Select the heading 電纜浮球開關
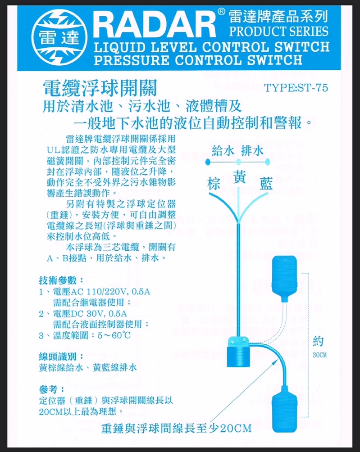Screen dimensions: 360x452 pos(100,88)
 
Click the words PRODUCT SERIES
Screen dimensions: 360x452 pos(278,32)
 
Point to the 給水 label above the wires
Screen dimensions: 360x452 pos(223,151)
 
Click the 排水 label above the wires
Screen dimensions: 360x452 pos(252,151)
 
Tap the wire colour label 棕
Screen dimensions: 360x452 pos(214,184)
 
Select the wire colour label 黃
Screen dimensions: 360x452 pos(239,177)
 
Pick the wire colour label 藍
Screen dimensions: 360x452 pos(266,184)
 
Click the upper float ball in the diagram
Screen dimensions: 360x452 pos(284,279)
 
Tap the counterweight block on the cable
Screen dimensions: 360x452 pos(238,352)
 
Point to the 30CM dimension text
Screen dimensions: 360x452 pos(319,355)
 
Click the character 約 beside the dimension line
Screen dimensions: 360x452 pos(319,341)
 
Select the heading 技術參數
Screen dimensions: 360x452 pos(61,280)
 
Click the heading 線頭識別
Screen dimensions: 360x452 pos(61,357)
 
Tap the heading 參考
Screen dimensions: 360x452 pos(51,389)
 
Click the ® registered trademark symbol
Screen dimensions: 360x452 pos(221,12)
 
